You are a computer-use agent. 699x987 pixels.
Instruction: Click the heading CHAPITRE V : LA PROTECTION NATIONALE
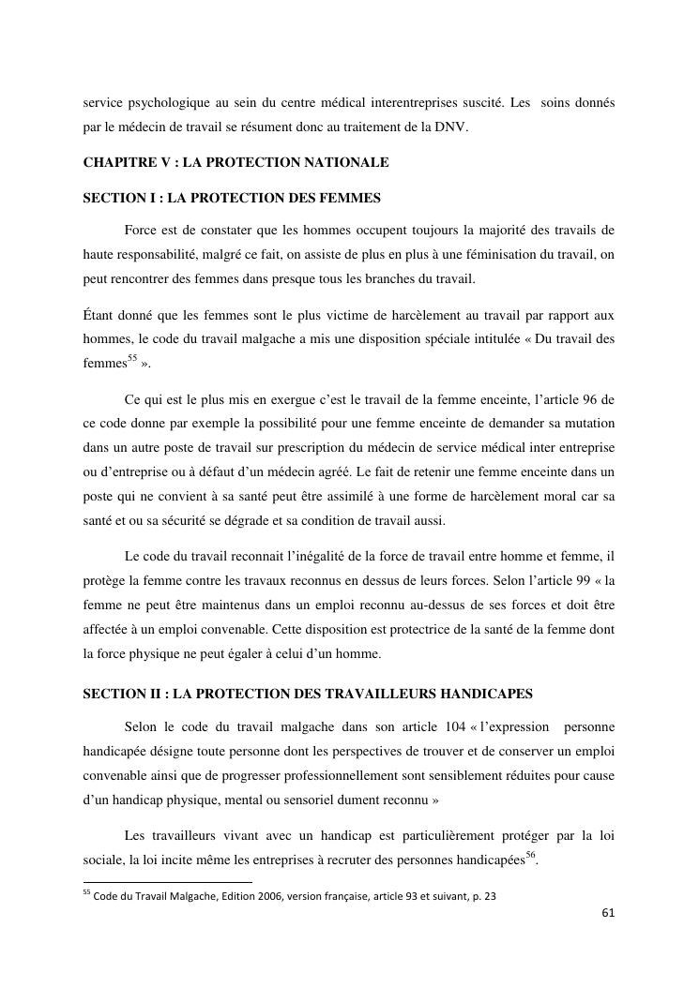236,162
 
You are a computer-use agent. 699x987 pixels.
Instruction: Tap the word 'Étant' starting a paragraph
99,315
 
